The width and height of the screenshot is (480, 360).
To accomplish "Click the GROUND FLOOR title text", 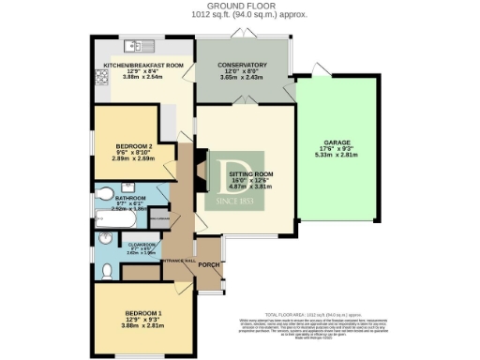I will coord(239,6).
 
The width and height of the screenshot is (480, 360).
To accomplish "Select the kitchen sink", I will coord(137,44).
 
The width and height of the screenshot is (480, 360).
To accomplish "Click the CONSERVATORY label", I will coord(244,65).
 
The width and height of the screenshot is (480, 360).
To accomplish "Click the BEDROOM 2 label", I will coord(133,146).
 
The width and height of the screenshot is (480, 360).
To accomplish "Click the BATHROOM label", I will coord(130,199).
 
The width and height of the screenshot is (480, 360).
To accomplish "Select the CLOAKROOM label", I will coord(130,246).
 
